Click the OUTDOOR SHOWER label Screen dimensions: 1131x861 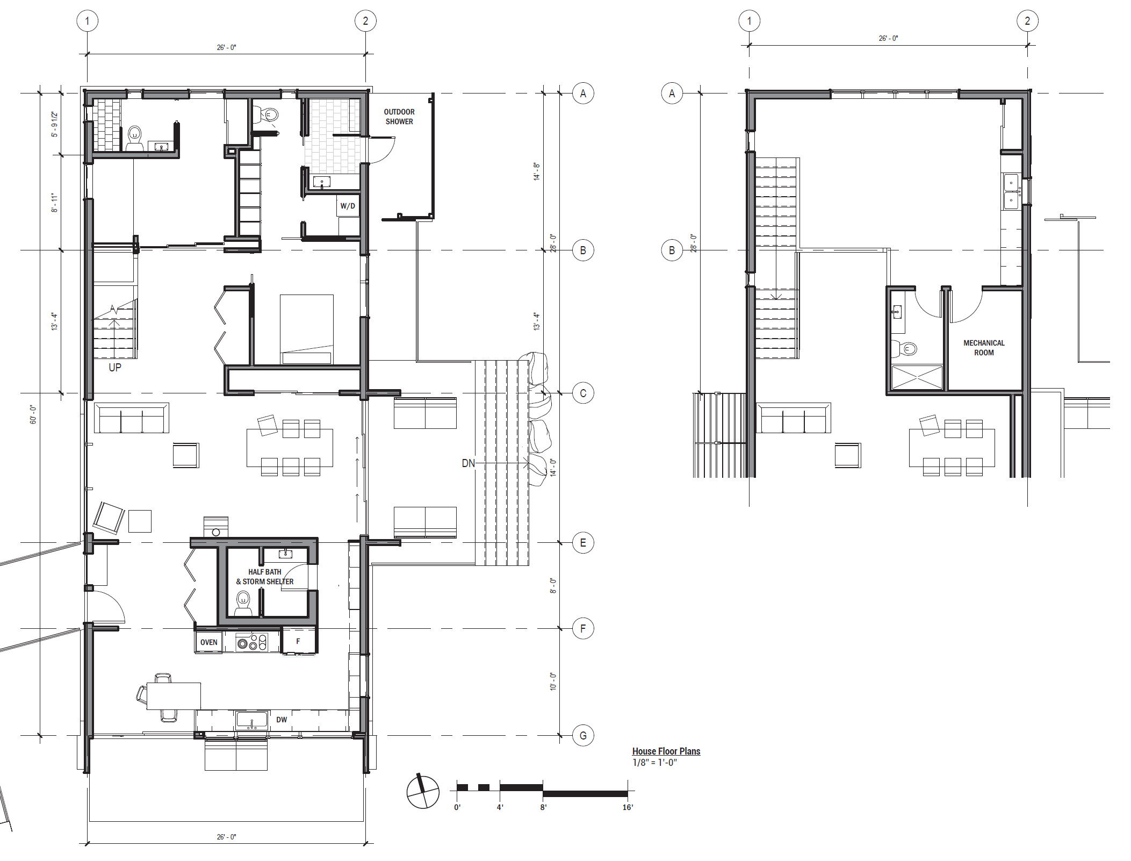[399, 117]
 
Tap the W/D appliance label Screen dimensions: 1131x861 [348, 206]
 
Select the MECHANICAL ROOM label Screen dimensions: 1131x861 [984, 348]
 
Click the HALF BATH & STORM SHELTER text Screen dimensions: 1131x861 [265, 577]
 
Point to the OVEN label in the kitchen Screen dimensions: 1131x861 [209, 642]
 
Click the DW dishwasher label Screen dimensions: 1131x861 [282, 720]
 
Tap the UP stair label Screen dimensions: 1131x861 [115, 368]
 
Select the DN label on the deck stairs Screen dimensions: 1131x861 [469, 463]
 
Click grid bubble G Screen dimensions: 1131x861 [583, 735]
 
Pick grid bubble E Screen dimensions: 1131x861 [583, 543]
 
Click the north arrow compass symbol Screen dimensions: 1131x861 [423, 791]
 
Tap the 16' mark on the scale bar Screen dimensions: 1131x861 [628, 807]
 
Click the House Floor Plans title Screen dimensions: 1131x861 [666, 751]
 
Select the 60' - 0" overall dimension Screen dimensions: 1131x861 [33, 415]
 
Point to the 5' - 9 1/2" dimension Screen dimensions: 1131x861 [54, 124]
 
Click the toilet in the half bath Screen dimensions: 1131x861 [243, 604]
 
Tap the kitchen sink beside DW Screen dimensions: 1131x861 [251, 720]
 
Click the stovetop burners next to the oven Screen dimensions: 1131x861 [251, 642]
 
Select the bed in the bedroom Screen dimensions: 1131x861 [306, 329]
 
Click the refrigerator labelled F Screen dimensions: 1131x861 [299, 641]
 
